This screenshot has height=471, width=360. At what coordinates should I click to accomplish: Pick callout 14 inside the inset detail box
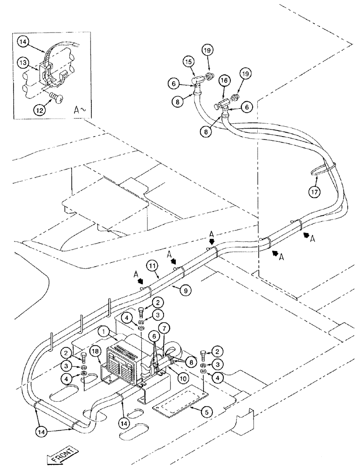click(24, 41)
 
